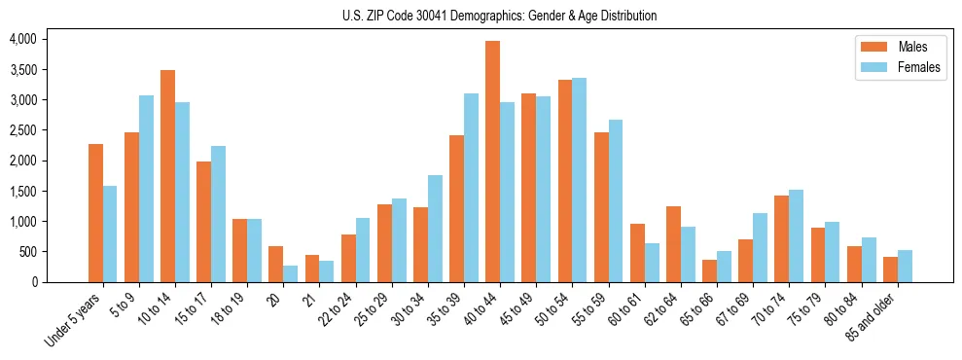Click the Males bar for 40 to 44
[493, 162]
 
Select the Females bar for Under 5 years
[110, 234]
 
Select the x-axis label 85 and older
[876, 316]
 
